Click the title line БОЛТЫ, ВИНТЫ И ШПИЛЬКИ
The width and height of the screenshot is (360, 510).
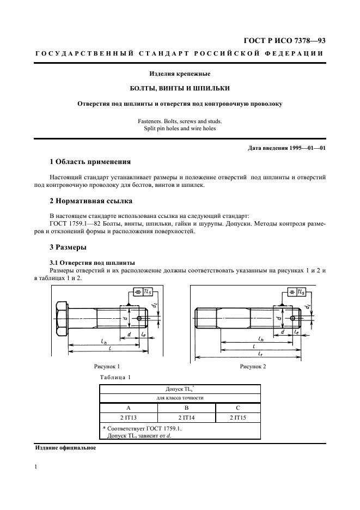pos(179,88)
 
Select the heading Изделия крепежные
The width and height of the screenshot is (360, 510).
pos(179,74)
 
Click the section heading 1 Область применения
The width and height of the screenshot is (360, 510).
pos(90,162)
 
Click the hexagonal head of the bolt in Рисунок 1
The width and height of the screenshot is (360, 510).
pos(61,318)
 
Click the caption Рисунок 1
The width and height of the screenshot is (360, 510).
pos(107,367)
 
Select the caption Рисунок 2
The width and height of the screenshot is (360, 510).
pos(253,367)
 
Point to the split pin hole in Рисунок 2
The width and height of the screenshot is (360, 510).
pos(294,318)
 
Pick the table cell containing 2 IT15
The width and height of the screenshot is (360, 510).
pos(238,417)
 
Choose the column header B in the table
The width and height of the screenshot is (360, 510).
pos(186,407)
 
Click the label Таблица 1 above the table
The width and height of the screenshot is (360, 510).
pos(115,377)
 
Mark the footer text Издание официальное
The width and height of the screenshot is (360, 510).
pos(65,448)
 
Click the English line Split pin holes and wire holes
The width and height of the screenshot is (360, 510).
pos(179,128)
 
